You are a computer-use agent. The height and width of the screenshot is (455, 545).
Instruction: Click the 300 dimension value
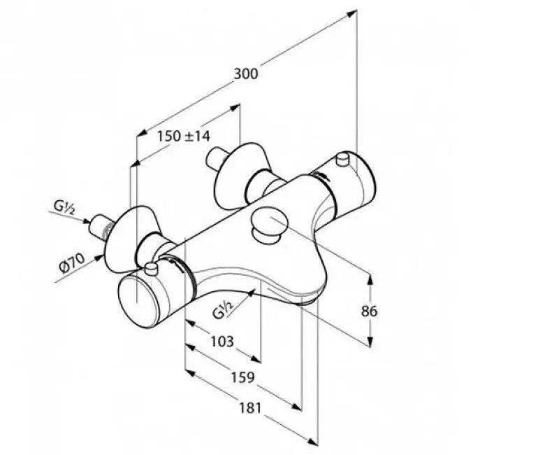click(246, 73)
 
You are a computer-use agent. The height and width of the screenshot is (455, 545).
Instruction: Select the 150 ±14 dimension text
click(184, 136)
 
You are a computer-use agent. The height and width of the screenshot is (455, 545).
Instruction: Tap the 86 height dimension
click(369, 311)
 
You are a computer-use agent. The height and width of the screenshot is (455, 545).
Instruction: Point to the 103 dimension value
click(222, 342)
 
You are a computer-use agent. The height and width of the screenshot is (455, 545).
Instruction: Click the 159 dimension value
click(243, 377)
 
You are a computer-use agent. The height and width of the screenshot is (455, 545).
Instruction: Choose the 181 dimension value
click(249, 407)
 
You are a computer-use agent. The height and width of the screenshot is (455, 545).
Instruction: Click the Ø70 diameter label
click(72, 263)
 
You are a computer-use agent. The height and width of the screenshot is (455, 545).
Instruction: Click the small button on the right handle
click(343, 159)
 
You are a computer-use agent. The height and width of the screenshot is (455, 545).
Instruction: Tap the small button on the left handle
click(150, 269)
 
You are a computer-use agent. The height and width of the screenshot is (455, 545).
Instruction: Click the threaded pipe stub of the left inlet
click(100, 227)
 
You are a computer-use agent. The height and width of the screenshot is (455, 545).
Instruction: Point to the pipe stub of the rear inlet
click(216, 158)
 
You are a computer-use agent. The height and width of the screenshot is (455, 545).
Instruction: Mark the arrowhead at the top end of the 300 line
click(351, 13)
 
